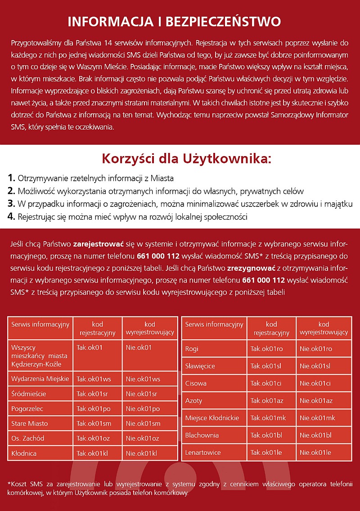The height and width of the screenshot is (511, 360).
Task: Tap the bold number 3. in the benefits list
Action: tap(12, 204)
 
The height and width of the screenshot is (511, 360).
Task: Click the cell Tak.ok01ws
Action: tap(94, 379)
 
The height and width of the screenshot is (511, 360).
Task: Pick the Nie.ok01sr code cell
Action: tap(141, 394)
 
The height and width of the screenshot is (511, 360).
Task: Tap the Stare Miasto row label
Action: tap(30, 424)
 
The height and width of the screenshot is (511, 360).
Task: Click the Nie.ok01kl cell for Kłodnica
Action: tap(141, 453)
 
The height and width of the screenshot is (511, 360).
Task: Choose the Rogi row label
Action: tap(192, 349)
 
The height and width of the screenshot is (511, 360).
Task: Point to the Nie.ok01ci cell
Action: tap(315, 383)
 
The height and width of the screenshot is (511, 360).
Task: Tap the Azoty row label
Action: tap(194, 401)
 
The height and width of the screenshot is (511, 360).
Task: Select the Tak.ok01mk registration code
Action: tap(268, 418)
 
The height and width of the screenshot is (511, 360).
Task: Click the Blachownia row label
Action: tap(202, 435)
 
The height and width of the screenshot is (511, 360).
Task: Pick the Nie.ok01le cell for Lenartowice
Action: tap(315, 453)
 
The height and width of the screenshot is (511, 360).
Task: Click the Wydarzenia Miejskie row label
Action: tap(40, 379)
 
